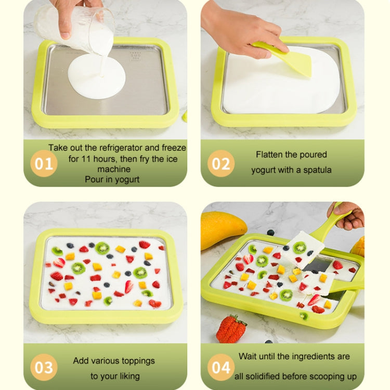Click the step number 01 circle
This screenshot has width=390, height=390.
[x=44, y=164]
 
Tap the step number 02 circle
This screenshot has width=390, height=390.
[x=220, y=164]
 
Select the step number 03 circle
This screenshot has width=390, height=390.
[x=44, y=368]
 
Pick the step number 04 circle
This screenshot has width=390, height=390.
[x=220, y=368]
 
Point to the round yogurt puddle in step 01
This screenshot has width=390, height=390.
[x=96, y=75]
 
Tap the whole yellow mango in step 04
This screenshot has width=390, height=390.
[x=222, y=229]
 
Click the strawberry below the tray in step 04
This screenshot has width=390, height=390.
[x=231, y=330]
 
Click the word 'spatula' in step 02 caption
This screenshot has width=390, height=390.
[x=316, y=170]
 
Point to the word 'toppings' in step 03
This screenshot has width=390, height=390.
[x=137, y=360]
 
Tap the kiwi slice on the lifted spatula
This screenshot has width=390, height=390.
[x=300, y=248]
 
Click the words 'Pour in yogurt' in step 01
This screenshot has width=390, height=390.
[x=112, y=180]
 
